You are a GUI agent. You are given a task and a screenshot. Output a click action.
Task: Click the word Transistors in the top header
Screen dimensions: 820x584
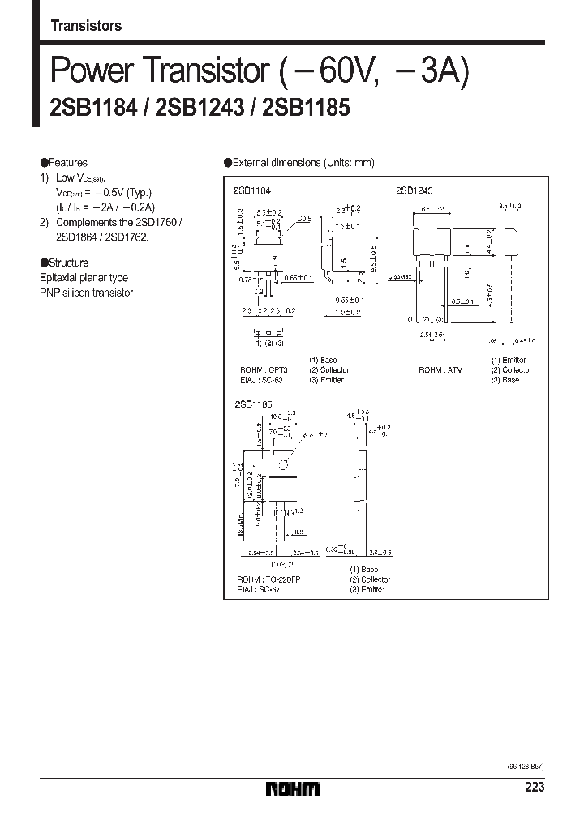[x=86, y=26]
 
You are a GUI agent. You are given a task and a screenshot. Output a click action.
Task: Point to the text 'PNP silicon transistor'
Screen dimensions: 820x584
[x=86, y=293]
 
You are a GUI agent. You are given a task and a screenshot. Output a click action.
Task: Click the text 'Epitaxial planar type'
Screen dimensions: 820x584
[x=84, y=278]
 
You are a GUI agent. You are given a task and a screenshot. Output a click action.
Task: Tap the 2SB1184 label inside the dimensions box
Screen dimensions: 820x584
[x=247, y=190]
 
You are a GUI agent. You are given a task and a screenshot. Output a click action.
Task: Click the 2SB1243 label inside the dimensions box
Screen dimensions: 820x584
[x=414, y=190]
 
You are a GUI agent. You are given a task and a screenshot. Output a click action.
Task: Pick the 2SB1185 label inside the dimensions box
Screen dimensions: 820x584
[x=247, y=403]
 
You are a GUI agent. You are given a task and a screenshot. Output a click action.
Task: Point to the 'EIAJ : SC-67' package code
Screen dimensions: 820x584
[x=255, y=590]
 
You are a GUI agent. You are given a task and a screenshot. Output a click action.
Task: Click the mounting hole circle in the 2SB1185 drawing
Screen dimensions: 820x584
[x=284, y=465]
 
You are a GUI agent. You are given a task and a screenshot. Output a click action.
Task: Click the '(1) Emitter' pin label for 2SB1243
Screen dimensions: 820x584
[x=508, y=360]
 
